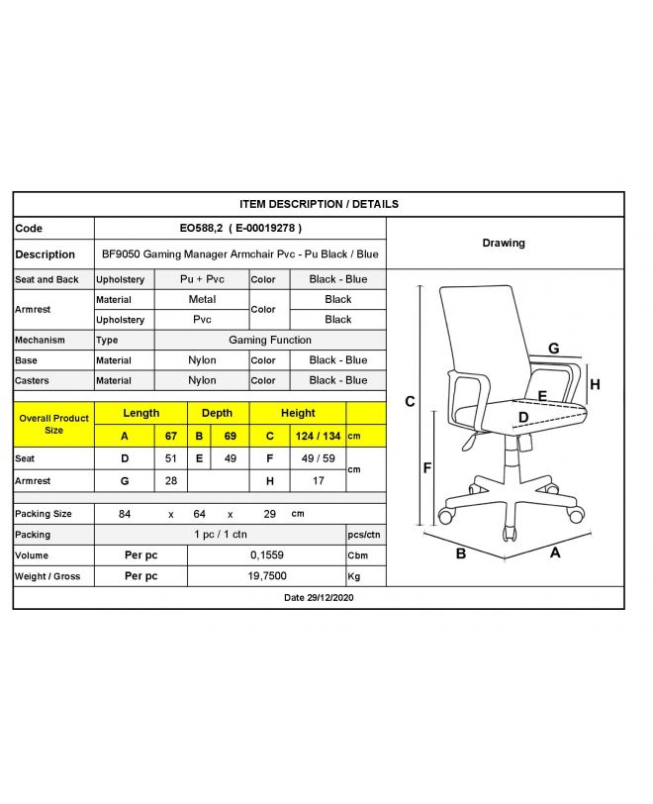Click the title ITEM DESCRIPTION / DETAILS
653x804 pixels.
pos(319,204)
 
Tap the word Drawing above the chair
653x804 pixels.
pos(504,243)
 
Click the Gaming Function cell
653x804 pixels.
pos(270,340)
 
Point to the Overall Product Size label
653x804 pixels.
pos(53,424)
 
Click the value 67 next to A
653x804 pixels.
pos(170,435)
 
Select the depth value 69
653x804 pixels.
pos(232,435)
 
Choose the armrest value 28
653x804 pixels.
pos(170,481)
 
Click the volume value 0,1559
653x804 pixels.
pos(266,555)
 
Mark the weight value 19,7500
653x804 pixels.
pos(266,576)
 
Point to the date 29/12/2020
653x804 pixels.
pos(319,598)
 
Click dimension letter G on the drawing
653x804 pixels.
pos(554,349)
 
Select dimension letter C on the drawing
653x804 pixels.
pos(410,401)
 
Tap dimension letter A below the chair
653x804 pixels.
pos(555,553)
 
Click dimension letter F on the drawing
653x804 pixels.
pos(427,467)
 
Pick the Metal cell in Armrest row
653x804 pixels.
pos(202,299)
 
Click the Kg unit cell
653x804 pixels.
pos(354,576)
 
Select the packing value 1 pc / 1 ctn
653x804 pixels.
pos(220,535)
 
